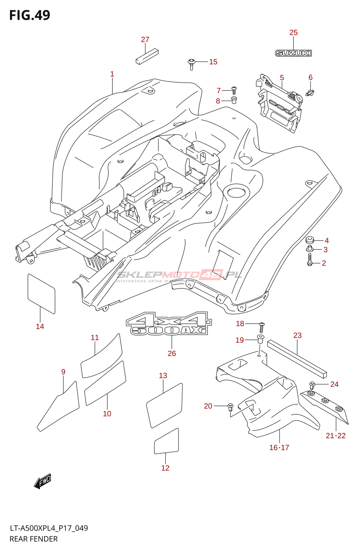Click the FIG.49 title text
pos(30,15)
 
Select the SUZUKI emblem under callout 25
pos(293,53)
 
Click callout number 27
pos(145,40)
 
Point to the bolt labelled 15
pos(191,63)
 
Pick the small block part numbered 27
pos(147,56)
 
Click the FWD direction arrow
pos(42,481)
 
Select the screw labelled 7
pos(234,90)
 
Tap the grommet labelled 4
pos(310,240)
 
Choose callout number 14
pos(40,326)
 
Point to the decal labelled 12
pos(166,442)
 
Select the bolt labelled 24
pos(312,385)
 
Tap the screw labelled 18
pos(262,326)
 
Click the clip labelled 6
pos(310,92)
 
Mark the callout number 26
pos(172,353)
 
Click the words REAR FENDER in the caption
pos(33,539)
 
